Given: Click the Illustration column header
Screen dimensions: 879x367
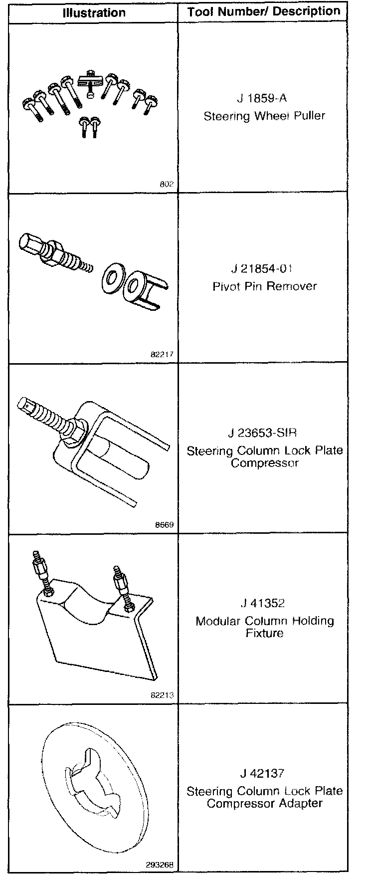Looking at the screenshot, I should [94, 12].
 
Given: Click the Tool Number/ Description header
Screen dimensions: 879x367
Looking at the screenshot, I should [264, 12].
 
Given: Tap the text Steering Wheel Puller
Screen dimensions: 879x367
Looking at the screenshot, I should [264, 116].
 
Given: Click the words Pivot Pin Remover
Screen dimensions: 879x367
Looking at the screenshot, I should [264, 286].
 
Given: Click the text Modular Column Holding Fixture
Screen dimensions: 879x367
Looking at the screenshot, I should [265, 627].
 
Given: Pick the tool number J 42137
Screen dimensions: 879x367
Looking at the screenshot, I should [262, 773].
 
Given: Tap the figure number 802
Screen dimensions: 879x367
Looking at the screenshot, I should [167, 184].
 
